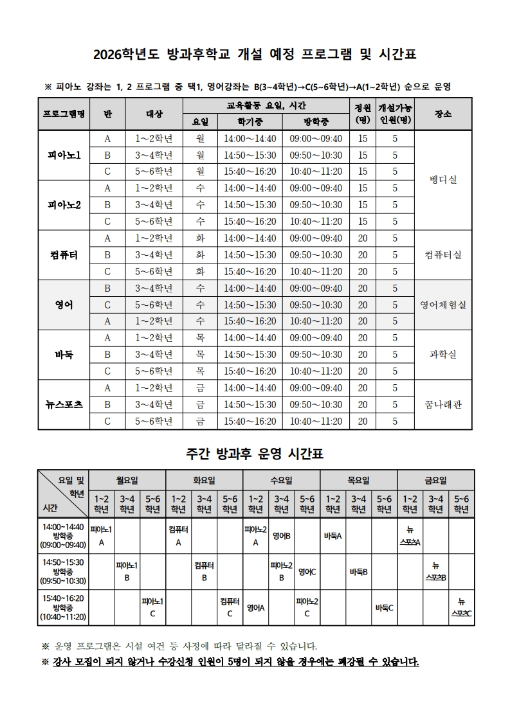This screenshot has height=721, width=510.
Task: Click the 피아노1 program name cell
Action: point(64,156)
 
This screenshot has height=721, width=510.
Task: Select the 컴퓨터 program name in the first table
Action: point(64,254)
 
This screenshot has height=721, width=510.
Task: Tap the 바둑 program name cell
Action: point(64,354)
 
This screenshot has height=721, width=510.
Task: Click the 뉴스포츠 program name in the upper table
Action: point(64,404)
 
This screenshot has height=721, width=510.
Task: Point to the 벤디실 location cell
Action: point(443,180)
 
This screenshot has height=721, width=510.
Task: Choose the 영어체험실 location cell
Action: point(443,305)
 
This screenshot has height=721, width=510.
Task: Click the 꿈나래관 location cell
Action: point(443,404)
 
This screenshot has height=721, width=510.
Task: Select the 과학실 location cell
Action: point(443,354)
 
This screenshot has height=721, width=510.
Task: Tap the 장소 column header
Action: point(443,114)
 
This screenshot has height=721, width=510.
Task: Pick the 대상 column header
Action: point(154,114)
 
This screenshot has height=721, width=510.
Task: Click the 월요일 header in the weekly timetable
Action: point(127,480)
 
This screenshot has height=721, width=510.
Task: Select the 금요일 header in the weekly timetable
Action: point(435,480)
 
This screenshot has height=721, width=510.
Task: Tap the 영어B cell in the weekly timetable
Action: point(282,536)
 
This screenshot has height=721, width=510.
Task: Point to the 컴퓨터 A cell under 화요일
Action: point(179,536)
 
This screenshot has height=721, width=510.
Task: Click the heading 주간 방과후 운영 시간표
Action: point(255,454)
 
